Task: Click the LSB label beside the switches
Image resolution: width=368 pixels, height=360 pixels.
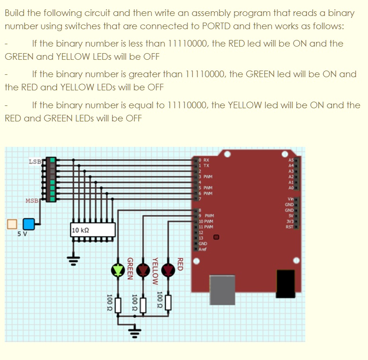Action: click(x=35, y=162)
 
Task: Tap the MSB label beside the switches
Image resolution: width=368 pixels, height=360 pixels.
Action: click(x=33, y=201)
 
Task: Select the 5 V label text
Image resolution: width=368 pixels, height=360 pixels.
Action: click(x=22, y=233)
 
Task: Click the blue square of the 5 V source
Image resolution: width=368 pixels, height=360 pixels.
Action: click(x=29, y=223)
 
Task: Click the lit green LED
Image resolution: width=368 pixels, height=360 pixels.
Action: click(x=117, y=270)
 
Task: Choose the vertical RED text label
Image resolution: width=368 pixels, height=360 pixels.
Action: click(x=180, y=264)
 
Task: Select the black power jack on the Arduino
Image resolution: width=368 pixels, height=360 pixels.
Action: click(x=285, y=286)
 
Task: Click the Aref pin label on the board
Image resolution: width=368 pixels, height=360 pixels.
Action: click(x=203, y=249)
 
